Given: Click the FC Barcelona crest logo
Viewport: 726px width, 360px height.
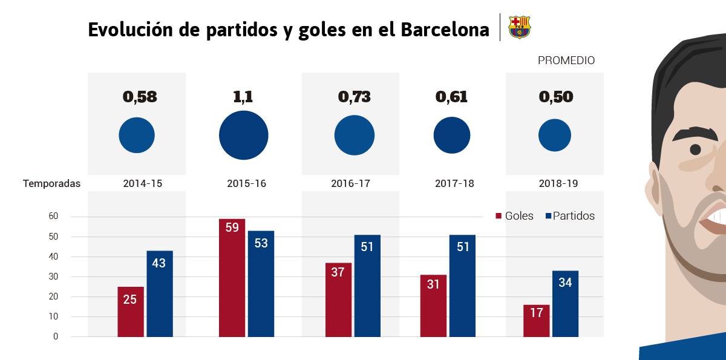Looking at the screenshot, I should [519, 27].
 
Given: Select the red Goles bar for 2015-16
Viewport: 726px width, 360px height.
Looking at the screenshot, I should [232, 278].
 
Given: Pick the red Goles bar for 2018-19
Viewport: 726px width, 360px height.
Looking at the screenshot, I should [536, 321].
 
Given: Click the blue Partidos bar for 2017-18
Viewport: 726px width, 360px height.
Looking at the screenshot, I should [462, 286].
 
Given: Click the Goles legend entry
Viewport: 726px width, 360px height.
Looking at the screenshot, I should [514, 216].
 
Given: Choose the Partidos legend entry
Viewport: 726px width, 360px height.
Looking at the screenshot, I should [570, 216].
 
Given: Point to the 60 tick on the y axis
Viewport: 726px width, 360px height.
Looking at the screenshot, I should [53, 216].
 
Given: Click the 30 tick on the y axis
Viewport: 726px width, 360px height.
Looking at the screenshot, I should [53, 277].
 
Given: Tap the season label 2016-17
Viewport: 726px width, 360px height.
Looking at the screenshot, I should [350, 183].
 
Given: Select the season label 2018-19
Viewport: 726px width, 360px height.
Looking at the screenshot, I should [558, 183].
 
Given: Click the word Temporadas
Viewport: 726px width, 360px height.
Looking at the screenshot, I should [51, 183].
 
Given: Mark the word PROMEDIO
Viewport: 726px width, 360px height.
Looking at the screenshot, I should [566, 61].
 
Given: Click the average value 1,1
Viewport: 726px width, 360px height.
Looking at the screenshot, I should [243, 97].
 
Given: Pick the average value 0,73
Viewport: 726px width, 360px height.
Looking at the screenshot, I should [354, 97].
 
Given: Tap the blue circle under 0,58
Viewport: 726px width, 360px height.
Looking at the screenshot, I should [137, 135].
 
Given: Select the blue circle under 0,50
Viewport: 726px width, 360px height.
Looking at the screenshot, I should [555, 135].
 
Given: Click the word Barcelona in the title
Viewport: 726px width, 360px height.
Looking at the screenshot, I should [445, 30].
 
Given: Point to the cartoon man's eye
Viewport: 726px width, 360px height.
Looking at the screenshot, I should [695, 149].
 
